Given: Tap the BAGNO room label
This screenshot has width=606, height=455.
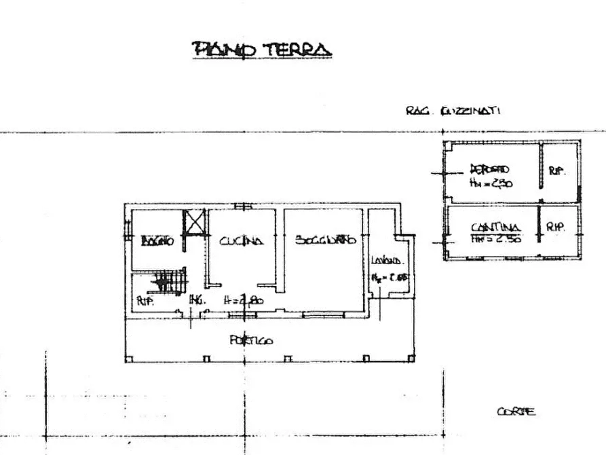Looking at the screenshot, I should click(157, 241).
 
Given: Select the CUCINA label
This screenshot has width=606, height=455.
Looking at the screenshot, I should click(241, 240).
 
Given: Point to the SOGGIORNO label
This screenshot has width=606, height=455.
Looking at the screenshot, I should click(324, 240).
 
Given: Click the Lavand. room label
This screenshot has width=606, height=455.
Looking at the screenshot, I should click(387, 261).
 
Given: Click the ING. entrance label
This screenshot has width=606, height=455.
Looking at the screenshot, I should click(196, 299).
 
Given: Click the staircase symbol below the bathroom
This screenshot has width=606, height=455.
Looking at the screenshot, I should click(167, 280).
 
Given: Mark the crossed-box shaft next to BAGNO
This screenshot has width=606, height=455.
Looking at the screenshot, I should click(194, 223).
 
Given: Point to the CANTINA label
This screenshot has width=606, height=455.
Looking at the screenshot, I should click(495, 227).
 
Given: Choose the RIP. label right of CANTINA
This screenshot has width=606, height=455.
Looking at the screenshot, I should click(555, 228).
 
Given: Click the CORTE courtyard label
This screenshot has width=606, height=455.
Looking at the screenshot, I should click(516, 412).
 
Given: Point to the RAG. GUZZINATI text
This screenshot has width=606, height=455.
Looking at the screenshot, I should click(453, 111).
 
